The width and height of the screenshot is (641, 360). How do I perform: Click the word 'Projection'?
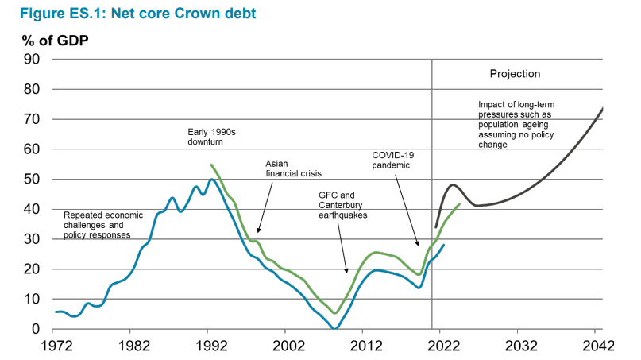(515, 74)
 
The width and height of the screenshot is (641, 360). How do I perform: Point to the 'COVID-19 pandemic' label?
(395, 159)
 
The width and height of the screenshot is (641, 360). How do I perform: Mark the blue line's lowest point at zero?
(335, 328)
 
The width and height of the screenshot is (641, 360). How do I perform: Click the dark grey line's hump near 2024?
(453, 185)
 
